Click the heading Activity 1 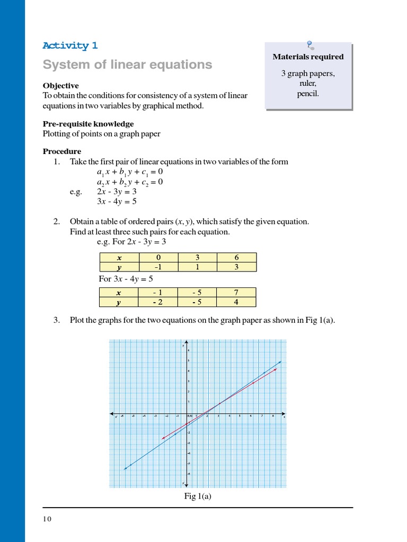pos(70,46)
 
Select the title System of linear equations pos(127,65)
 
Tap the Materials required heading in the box pos(308,57)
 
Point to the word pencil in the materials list pos(308,94)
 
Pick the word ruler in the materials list pos(308,84)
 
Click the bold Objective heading pos(60,86)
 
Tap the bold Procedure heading pos(62,151)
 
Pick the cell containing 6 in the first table pos(236,258)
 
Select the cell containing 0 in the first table pos(158,258)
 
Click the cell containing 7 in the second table pos(236,293)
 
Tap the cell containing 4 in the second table pos(236,302)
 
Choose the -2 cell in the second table pos(158,302)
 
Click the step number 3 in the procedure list pos(57,320)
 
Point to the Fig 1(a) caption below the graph pos(198,496)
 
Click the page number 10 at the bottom pos(47,519)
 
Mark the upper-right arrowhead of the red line pos(277,369)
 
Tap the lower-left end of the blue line pos(125,469)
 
